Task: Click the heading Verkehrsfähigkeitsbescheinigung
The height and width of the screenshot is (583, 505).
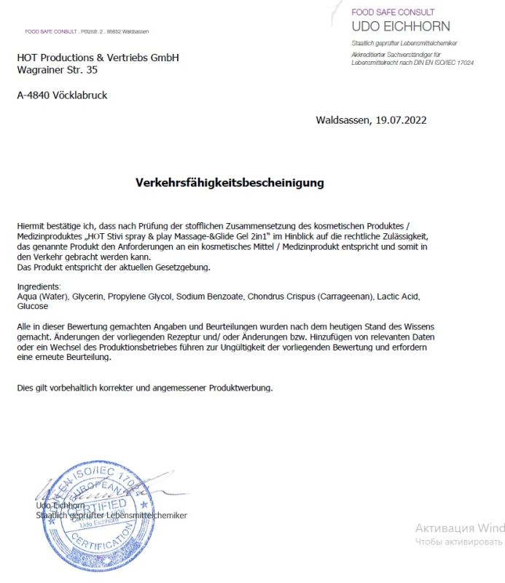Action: (x=230, y=183)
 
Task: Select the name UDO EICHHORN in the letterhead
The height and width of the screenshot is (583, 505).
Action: (x=400, y=27)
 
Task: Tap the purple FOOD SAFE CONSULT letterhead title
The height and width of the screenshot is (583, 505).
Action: (x=393, y=12)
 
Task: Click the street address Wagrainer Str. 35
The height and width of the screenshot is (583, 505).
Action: (x=57, y=71)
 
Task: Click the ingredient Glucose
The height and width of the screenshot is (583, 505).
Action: (x=33, y=306)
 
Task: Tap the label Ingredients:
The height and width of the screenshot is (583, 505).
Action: (x=39, y=287)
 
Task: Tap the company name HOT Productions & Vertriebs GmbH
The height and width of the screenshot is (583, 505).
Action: (x=98, y=58)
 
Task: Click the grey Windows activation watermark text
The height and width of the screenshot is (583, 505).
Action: (x=460, y=528)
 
